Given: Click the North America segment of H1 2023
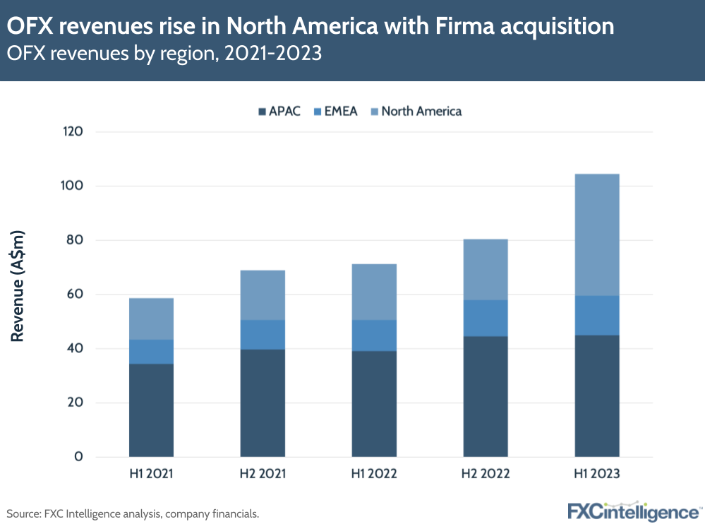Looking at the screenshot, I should click(x=596, y=234).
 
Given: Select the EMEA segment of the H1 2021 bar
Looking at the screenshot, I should click(x=151, y=352).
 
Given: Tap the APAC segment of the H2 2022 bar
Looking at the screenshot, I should click(x=485, y=396).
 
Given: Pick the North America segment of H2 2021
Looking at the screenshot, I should click(x=263, y=295).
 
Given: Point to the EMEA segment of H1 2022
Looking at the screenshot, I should click(x=374, y=335).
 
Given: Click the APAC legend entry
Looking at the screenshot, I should click(x=280, y=111).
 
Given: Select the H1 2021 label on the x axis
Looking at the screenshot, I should click(x=151, y=474).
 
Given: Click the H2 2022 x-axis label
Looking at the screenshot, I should click(x=485, y=474).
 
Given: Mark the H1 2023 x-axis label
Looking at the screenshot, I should click(x=596, y=474).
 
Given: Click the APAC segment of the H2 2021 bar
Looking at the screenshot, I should click(x=263, y=403).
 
